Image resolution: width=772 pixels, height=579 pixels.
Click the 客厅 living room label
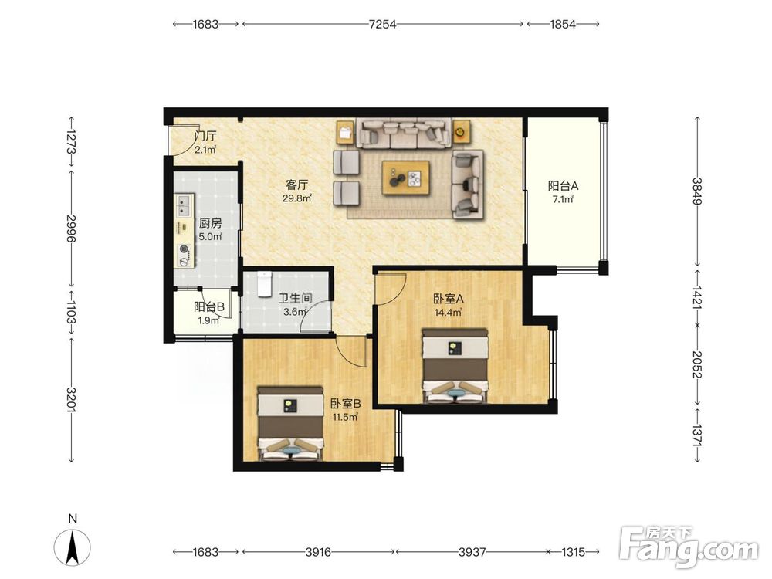[297, 185]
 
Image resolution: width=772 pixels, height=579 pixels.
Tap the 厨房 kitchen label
[210, 223]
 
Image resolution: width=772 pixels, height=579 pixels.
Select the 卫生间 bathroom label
[296, 298]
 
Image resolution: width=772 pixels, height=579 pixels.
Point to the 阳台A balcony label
[564, 186]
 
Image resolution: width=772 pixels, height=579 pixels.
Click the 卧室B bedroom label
[346, 404]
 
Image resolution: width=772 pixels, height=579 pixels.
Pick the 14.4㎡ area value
[448, 312]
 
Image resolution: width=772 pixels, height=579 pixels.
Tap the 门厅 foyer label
[205, 136]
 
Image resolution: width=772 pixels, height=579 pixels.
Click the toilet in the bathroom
[264, 284]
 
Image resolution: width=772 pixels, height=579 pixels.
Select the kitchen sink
[185, 205]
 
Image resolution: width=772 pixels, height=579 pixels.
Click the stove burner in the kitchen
[185, 249]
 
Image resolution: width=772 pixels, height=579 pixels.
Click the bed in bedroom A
[455, 366]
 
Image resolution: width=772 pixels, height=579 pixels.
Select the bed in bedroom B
[291, 423]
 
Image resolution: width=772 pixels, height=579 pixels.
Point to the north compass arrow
[73, 547]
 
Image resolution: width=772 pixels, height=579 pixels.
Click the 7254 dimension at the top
[383, 24]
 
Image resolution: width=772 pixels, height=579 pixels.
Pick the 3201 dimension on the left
[71, 399]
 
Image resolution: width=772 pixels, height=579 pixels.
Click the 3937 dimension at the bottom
[472, 552]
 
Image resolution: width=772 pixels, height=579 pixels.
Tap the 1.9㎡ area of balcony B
[208, 320]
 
